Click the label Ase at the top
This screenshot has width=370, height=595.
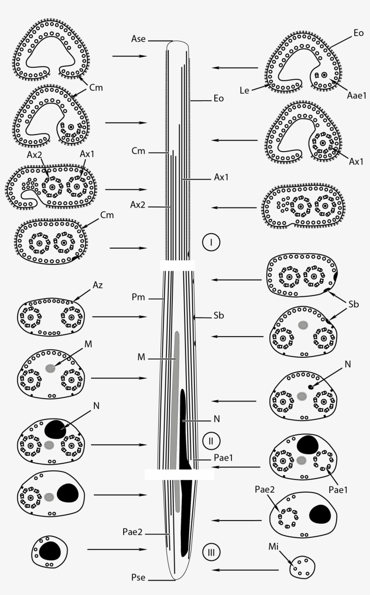pos(139,39)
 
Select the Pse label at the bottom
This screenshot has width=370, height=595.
pos(138,578)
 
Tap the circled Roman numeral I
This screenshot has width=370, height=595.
pos(211,243)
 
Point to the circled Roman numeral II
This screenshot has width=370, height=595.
pos(211,439)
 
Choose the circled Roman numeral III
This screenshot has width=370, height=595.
pos(211,552)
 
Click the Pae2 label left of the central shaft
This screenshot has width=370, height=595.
pos(133,532)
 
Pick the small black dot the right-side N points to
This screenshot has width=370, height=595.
pos(310,387)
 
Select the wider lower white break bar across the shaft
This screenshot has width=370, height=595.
pos(179,474)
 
